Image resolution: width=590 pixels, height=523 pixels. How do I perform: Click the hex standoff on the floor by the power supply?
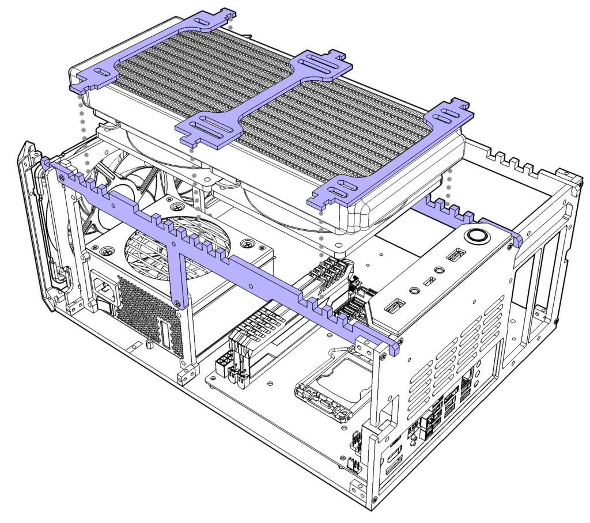coord(149,345)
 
